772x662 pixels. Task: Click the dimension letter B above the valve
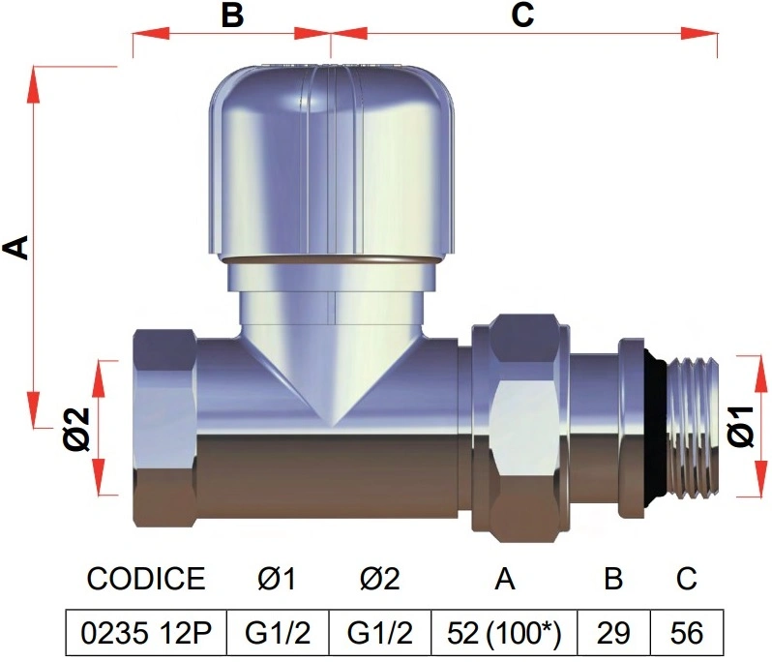(x=232, y=15)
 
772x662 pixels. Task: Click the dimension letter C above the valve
(x=522, y=15)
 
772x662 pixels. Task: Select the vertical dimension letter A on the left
(x=16, y=247)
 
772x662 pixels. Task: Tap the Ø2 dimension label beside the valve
(x=77, y=429)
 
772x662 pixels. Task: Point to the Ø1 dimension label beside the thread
(x=741, y=427)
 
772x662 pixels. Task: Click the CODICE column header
(x=146, y=578)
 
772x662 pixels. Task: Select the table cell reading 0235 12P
(x=146, y=633)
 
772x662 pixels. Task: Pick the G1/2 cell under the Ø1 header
(x=278, y=633)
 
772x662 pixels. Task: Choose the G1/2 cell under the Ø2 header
(x=380, y=633)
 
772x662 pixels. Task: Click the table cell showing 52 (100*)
(x=504, y=633)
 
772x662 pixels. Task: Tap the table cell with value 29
(x=614, y=633)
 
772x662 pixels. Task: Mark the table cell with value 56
(x=687, y=633)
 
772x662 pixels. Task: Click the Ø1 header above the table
(x=278, y=578)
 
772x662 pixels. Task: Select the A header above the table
(x=505, y=578)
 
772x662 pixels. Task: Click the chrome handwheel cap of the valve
(x=331, y=163)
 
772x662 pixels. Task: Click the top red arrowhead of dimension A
(x=34, y=85)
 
